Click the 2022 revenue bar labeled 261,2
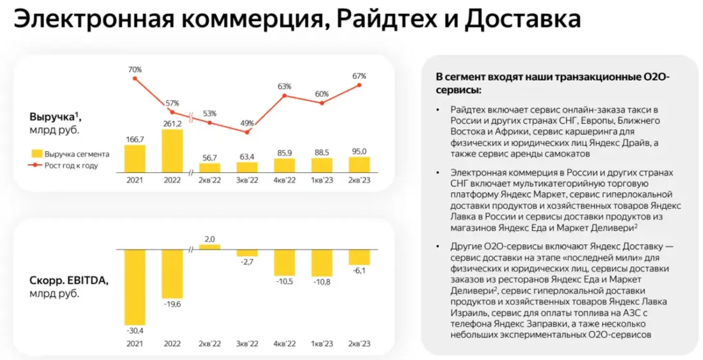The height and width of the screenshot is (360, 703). coord(172,151)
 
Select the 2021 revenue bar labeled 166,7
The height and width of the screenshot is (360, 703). coord(134,158)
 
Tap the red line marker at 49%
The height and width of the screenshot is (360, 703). coord(246,133)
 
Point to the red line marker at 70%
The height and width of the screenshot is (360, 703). coord(134,79)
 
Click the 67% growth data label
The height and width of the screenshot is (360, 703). coord(359,76)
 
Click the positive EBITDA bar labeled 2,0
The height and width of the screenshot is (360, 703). coord(209,247)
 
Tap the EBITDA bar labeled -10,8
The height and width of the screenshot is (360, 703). coord(321,263)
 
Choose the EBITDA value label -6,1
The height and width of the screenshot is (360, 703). coord(359,271)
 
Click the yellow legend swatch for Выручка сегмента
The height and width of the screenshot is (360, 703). coord(36,154)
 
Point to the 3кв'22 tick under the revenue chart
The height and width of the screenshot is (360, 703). coord(246,181)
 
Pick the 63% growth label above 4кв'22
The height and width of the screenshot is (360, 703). coord(284,86)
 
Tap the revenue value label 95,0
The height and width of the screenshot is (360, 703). coord(359,152)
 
